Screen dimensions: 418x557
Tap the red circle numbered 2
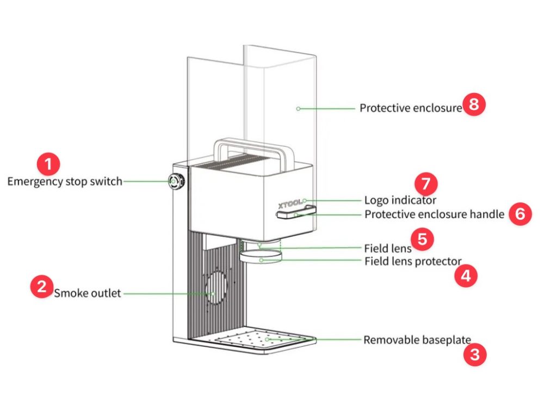click(x=42, y=286)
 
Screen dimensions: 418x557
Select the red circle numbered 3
click(x=474, y=356)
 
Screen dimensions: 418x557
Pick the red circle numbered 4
click(x=466, y=276)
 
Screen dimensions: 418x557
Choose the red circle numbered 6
click(x=520, y=214)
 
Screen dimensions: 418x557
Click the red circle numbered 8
click(x=474, y=104)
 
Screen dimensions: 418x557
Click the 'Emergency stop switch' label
click(x=65, y=181)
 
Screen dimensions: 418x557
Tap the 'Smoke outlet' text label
click(x=88, y=294)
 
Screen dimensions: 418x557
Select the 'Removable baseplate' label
click(x=417, y=340)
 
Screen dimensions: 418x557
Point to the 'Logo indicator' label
click(x=400, y=200)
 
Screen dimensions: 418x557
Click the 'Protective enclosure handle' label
click(x=435, y=214)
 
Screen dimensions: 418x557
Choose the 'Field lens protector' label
click(x=413, y=261)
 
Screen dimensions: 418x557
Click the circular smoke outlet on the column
click(x=215, y=289)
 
